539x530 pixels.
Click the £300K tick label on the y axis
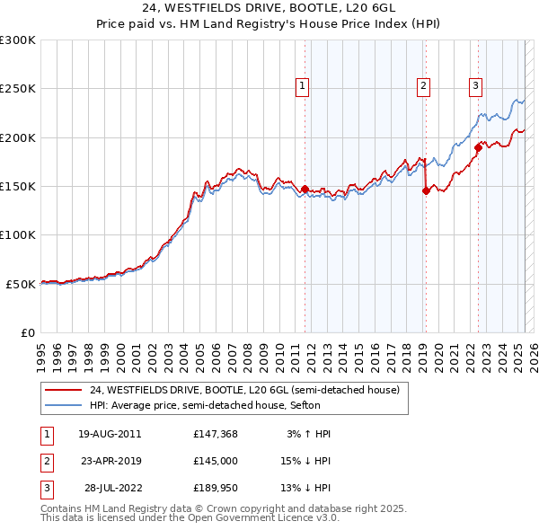click(18, 40)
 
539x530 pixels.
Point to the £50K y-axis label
click(21, 284)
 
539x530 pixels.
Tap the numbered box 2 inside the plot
click(423, 86)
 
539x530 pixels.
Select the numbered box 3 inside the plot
click(475, 86)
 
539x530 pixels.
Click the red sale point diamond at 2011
click(305, 190)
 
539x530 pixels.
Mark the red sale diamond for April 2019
click(426, 191)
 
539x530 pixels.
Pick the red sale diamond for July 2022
click(478, 148)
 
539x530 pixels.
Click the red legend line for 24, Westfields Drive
click(63, 390)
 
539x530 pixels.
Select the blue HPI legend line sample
click(63, 406)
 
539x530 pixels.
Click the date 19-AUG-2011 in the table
click(110, 434)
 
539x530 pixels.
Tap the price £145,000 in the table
click(216, 461)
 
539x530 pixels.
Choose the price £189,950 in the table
click(216, 488)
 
